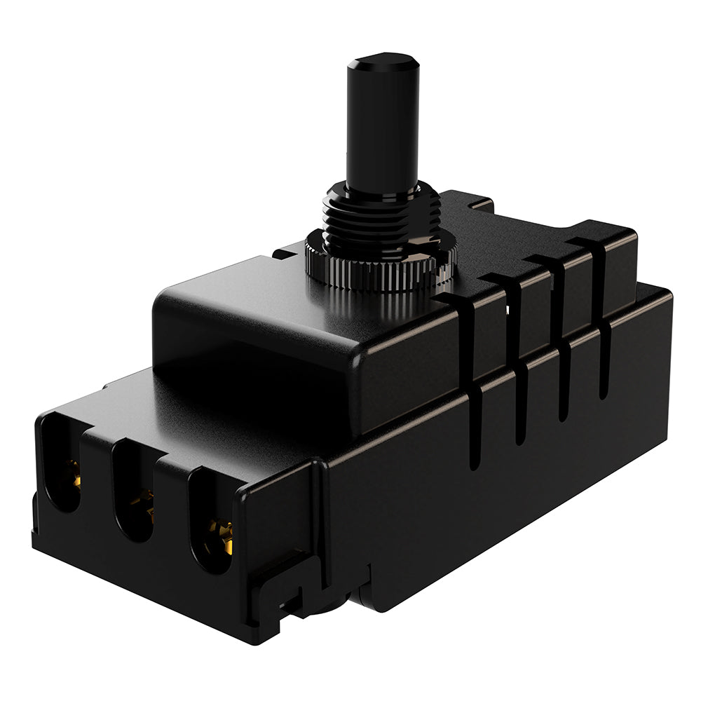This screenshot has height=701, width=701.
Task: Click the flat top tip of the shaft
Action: (x=383, y=58)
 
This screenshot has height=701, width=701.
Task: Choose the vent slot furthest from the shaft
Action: (x=603, y=315)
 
